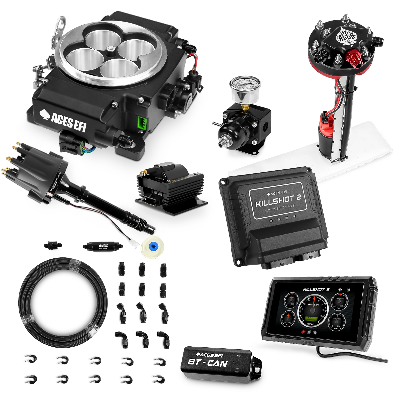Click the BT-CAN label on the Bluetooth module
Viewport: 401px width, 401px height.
coord(208,363)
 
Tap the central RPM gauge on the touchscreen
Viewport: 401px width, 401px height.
coord(313,311)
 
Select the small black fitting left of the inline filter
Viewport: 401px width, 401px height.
coord(53,244)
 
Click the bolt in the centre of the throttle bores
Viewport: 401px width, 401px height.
coord(110,50)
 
